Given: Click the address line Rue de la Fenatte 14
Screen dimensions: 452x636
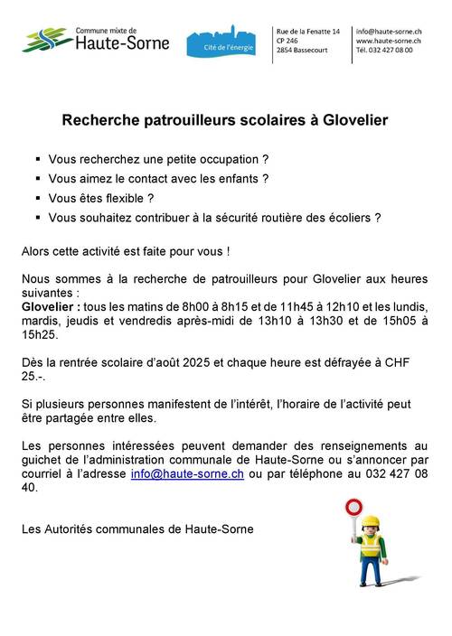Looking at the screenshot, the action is [309, 31].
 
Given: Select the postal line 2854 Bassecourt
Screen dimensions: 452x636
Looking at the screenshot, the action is [306, 51].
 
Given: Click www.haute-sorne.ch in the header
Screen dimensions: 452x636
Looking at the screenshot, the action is [389, 41].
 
